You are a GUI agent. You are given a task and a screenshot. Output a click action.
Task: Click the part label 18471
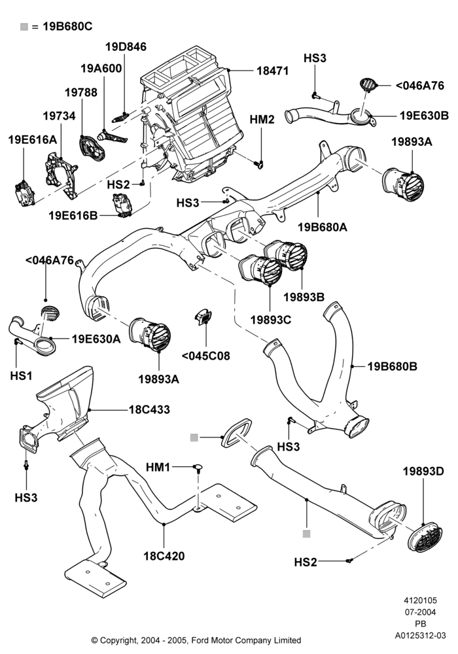[272, 71]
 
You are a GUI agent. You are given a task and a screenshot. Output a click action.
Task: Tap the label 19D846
[126, 46]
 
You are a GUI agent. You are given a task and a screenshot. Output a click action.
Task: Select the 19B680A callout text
[323, 228]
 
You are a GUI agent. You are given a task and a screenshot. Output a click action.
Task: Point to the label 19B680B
[393, 367]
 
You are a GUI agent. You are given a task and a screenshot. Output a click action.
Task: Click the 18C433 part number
[149, 409]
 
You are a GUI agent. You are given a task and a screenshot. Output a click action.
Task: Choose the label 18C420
[164, 556]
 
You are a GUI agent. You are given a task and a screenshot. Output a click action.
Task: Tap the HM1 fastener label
[158, 467]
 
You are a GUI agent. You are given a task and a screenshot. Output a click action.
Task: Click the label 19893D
[423, 472]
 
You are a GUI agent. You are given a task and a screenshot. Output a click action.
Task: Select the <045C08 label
[205, 356]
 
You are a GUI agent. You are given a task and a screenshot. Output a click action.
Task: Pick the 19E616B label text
[73, 216]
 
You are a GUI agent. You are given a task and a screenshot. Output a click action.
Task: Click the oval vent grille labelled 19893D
[425, 538]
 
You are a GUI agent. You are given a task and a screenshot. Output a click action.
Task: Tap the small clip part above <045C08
[203, 317]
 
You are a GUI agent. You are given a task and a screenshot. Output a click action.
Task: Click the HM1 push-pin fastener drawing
[198, 468]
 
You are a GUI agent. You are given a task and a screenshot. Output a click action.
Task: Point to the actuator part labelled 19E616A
[25, 194]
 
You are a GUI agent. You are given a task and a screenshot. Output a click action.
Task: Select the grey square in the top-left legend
[24, 27]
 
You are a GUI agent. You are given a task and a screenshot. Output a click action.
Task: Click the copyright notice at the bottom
[196, 640]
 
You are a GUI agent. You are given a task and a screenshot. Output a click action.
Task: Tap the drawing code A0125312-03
[421, 636]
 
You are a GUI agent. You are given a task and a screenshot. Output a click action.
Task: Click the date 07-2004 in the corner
[421, 612]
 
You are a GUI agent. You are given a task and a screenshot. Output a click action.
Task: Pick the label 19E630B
[424, 116]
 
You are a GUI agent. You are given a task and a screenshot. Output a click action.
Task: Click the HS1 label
[21, 376]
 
